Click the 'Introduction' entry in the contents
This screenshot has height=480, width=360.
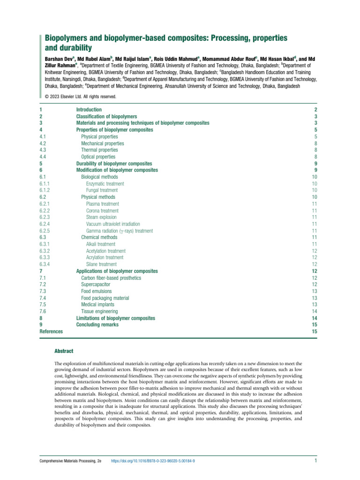[89, 109]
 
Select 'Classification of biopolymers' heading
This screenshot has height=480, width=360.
[106, 116]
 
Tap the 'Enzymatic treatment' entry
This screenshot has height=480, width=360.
[105, 184]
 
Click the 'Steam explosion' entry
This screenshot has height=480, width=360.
[101, 217]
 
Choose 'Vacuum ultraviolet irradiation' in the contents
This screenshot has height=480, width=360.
[113, 224]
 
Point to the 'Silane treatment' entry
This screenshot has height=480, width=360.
[101, 264]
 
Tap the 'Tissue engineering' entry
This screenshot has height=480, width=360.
[99, 311]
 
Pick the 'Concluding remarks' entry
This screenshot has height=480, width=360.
[97, 325]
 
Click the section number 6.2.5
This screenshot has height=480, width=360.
[46, 231]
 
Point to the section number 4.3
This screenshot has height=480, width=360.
[43, 150]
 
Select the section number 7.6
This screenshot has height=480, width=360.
[43, 311]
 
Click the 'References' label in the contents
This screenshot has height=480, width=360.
[51, 331]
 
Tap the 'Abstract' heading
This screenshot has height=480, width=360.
[64, 351]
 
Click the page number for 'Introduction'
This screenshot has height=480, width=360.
[316, 109]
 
